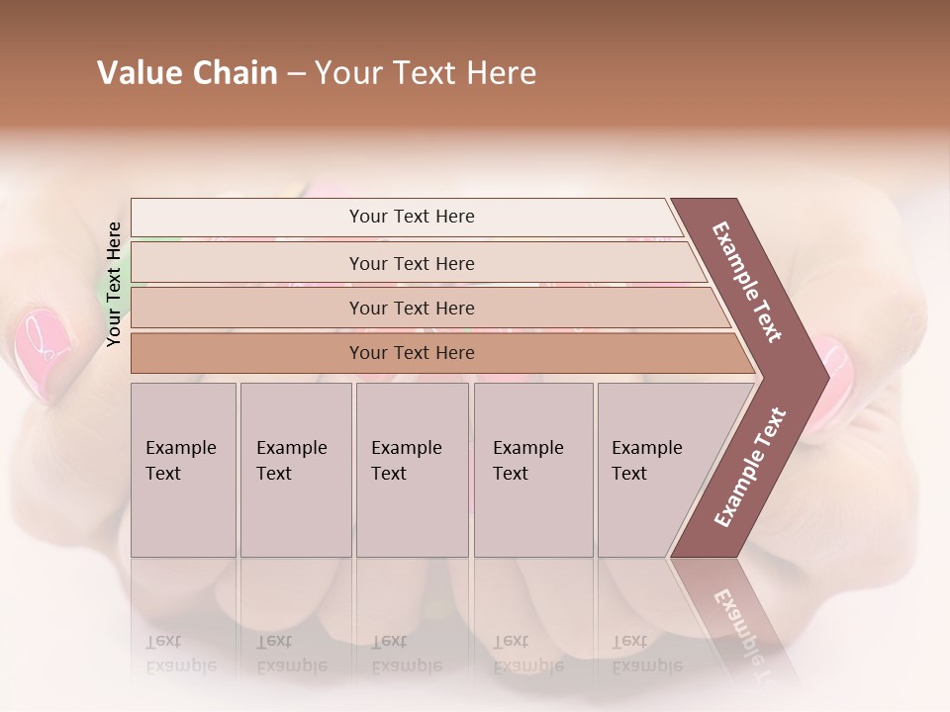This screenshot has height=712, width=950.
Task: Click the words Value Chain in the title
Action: tap(187, 73)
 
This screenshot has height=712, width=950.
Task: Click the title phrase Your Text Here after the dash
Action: tap(426, 73)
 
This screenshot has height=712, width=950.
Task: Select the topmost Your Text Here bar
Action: tap(411, 217)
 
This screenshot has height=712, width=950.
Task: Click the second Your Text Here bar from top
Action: tap(411, 263)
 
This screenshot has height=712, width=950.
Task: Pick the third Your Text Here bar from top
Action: tap(411, 308)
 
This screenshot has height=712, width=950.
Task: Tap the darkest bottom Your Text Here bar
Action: tap(411, 353)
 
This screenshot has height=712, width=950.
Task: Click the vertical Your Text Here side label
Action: tap(114, 284)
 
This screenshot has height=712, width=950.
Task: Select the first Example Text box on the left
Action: tap(183, 470)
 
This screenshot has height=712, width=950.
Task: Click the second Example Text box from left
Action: tap(295, 470)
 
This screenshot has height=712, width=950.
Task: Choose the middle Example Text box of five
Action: tap(412, 470)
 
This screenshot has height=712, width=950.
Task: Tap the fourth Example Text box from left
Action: tap(532, 470)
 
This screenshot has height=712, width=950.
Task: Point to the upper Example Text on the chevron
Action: tap(747, 282)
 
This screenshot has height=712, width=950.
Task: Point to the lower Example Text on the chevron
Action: tap(750, 467)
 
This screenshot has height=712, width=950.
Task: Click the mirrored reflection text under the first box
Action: tap(181, 654)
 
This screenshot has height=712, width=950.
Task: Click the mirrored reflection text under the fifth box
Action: tap(647, 654)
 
